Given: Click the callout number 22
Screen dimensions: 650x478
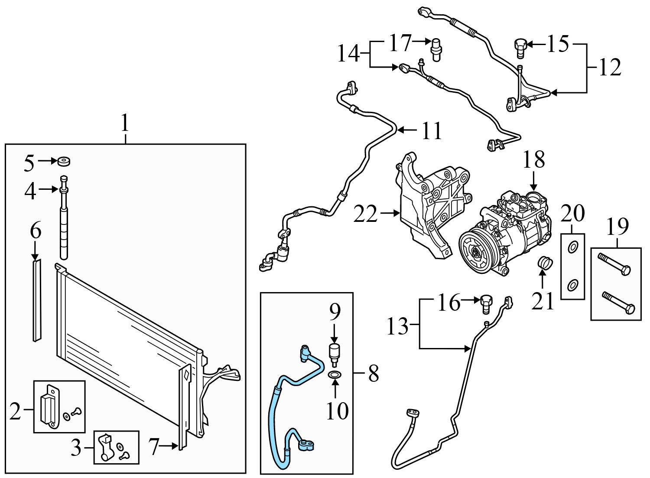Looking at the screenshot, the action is pos(365,214).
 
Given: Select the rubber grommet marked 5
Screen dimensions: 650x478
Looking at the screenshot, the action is pos(64,161).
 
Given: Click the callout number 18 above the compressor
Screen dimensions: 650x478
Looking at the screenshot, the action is pos(533,159).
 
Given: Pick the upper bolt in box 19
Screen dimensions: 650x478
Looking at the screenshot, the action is pos(614,264).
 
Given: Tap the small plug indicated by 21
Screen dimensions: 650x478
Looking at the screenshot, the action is pos(545,263).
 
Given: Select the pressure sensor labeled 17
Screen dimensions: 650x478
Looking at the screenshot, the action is pos(435,49).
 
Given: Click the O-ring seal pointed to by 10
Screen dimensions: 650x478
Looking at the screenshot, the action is pos(335,375).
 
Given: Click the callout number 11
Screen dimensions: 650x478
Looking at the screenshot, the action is pos(432,131).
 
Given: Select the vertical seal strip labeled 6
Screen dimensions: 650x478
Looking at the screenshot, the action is pos(36,300).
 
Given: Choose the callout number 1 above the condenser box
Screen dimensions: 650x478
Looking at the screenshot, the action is pos(125,123).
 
